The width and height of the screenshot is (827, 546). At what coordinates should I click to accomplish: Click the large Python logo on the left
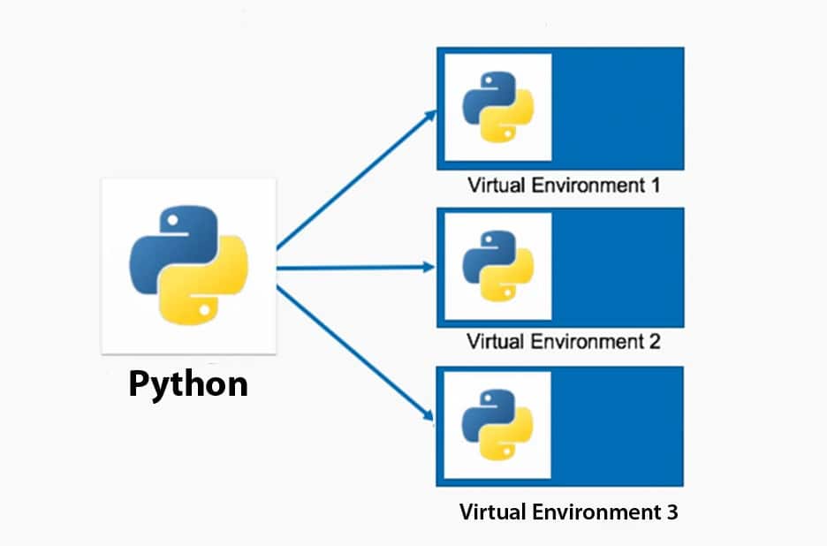pyautogui.click(x=189, y=265)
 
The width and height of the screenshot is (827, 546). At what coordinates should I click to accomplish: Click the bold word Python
pyautogui.click(x=188, y=384)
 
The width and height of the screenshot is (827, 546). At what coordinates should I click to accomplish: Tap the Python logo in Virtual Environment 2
pyautogui.click(x=498, y=266)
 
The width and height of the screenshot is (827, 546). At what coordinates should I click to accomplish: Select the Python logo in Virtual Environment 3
pyautogui.click(x=498, y=423)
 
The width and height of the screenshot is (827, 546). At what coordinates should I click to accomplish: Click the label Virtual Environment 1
pyautogui.click(x=564, y=186)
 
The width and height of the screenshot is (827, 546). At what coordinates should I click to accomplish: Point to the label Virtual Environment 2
pyautogui.click(x=564, y=340)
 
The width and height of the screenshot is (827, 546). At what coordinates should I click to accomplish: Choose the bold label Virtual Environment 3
pyautogui.click(x=569, y=512)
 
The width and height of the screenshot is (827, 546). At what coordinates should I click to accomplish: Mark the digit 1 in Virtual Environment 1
pyautogui.click(x=655, y=186)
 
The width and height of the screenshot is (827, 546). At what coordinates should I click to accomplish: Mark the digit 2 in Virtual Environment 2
pyautogui.click(x=655, y=340)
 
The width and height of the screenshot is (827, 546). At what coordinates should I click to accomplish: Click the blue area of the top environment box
pyautogui.click(x=618, y=108)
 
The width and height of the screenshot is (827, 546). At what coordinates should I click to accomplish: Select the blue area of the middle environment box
pyautogui.click(x=618, y=265)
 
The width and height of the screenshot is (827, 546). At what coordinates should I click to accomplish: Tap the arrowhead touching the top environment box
pyautogui.click(x=431, y=115)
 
